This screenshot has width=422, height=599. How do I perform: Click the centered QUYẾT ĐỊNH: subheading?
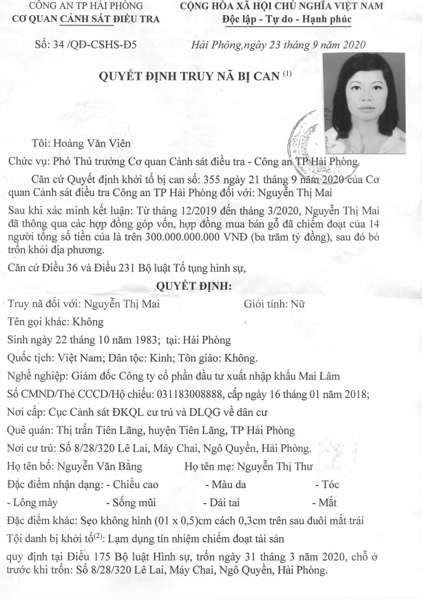point(195,285)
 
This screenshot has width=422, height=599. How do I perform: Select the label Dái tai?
point(231,503)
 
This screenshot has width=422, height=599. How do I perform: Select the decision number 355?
point(215,179)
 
